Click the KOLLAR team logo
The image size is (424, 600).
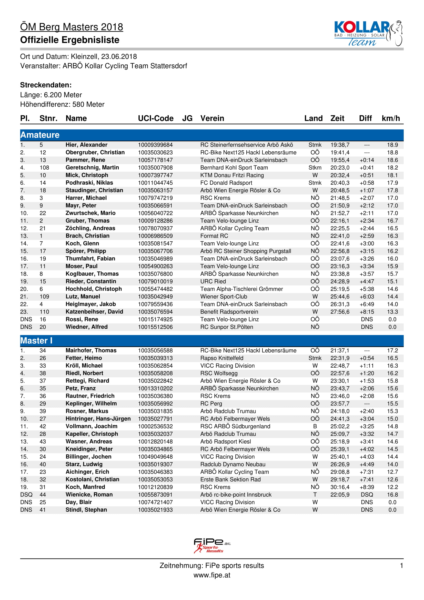(368, 33)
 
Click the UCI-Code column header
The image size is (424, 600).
(156, 118)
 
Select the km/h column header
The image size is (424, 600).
(391, 118)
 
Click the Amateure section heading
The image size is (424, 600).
(40, 135)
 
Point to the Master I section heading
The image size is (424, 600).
(36, 340)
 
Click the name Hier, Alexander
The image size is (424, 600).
(86, 145)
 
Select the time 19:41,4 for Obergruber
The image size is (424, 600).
(340, 152)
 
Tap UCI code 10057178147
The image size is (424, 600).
(155, 160)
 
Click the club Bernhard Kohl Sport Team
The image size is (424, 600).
(234, 168)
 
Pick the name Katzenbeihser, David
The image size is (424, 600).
(94, 311)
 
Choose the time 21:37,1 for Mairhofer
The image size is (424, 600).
(340, 350)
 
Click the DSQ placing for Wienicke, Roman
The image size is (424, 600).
(26, 494)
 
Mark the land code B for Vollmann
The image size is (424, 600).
(315, 426)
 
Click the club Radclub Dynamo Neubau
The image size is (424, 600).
(233, 464)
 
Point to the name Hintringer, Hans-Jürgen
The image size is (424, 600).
(98, 419)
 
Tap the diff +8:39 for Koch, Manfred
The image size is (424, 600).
(367, 487)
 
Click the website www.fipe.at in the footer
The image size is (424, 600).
(212, 575)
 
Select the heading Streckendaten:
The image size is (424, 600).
(46, 85)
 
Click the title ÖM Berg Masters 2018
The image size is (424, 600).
(72, 27)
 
